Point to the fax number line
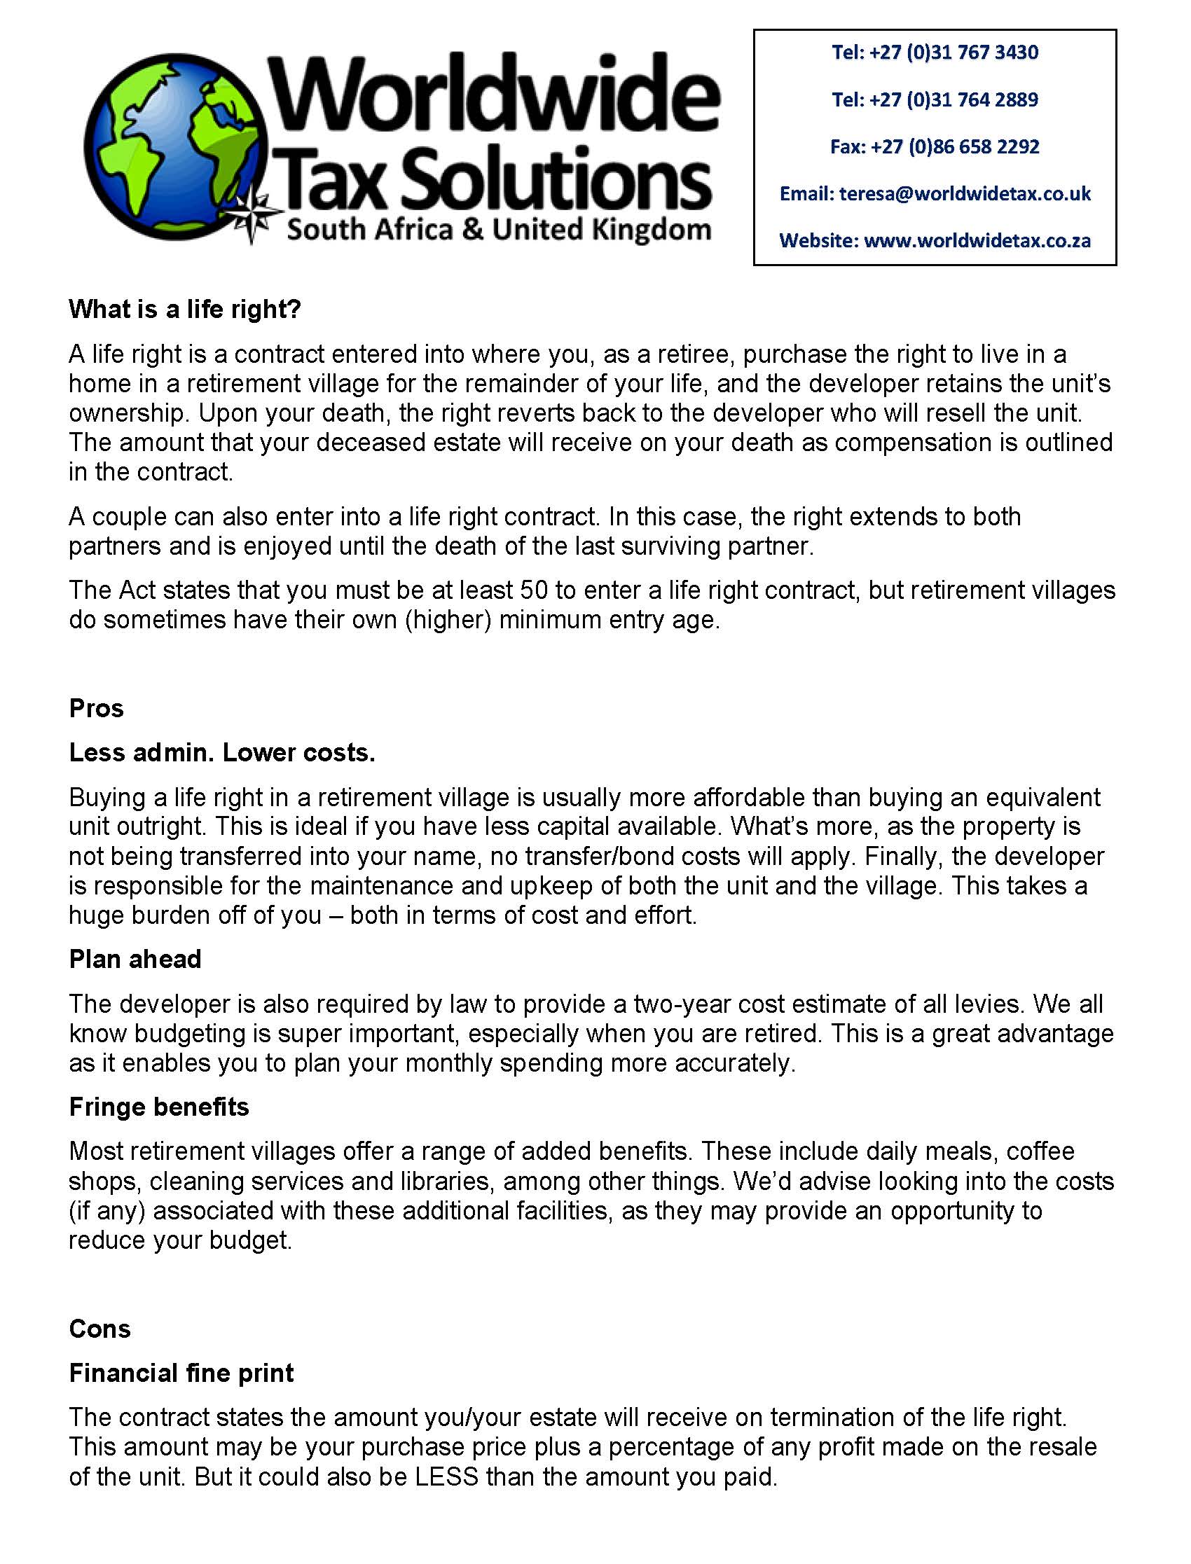coord(935,146)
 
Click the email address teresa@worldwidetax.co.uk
coord(965,193)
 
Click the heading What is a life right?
coord(185,310)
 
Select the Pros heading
coord(97,708)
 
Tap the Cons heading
coord(100,1329)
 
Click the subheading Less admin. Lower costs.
coord(222,753)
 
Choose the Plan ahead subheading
coord(135,960)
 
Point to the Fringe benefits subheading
coord(159,1107)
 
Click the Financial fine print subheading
coord(181,1373)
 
